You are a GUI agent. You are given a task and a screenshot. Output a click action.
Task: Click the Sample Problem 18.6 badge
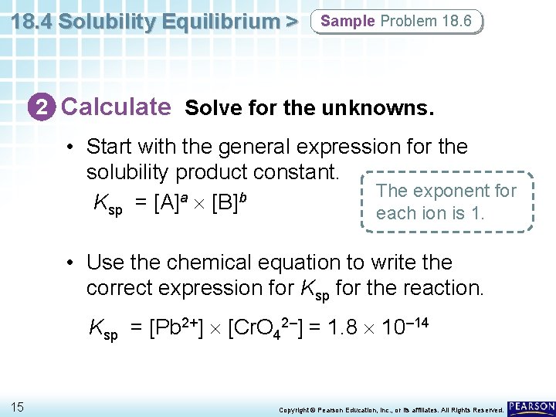coord(395,22)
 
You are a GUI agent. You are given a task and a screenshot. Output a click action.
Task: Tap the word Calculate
coord(116,107)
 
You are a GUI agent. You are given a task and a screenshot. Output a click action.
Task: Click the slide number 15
coord(17,406)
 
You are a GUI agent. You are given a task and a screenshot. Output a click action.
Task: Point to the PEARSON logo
coord(531,406)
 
